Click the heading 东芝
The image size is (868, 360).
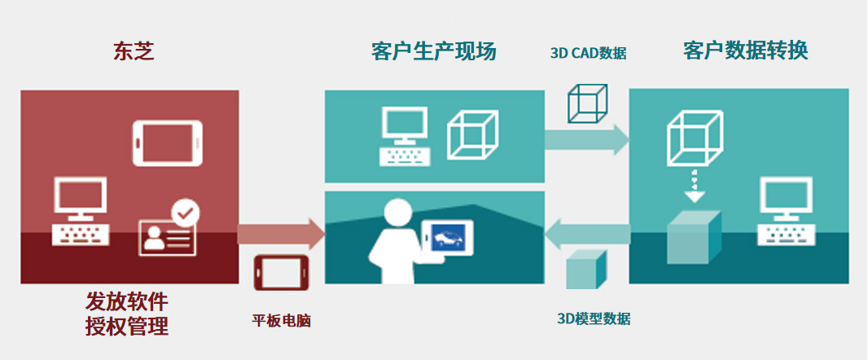coord(133,52)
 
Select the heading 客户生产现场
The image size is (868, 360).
coord(433,52)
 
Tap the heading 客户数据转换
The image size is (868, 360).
coord(745,50)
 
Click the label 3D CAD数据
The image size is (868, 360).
coord(588,54)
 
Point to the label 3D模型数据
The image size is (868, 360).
coord(593,318)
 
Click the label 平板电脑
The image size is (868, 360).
coord(281,321)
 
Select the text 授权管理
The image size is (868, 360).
coord(127,327)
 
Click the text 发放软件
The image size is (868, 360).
coord(127,302)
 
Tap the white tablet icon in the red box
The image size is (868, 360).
coord(166,143)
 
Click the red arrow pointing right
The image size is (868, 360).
coord(281,234)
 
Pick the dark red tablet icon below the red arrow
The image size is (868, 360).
coord(281,272)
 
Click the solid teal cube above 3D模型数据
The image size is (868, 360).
coord(586,268)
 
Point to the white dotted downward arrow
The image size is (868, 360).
coord(693,187)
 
